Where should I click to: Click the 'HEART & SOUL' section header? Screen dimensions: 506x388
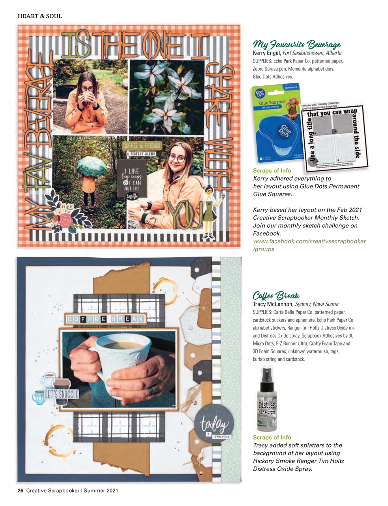pyautogui.click(x=40, y=16)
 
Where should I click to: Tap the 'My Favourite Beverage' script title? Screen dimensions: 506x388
pyautogui.click(x=296, y=44)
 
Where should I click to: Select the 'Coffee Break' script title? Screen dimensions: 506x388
pyautogui.click(x=276, y=295)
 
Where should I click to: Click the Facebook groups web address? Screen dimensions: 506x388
pyautogui.click(x=309, y=245)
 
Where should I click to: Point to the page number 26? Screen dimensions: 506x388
pyautogui.click(x=21, y=491)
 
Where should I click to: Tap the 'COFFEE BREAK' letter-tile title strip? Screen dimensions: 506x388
pyautogui.click(x=106, y=319)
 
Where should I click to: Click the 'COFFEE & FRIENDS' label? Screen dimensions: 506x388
pyautogui.click(x=141, y=146)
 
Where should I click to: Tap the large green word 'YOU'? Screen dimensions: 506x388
pyautogui.click(x=184, y=215)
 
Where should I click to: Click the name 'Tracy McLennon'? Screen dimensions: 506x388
pyautogui.click(x=273, y=304)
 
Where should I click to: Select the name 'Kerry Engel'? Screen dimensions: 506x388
pyautogui.click(x=267, y=53)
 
